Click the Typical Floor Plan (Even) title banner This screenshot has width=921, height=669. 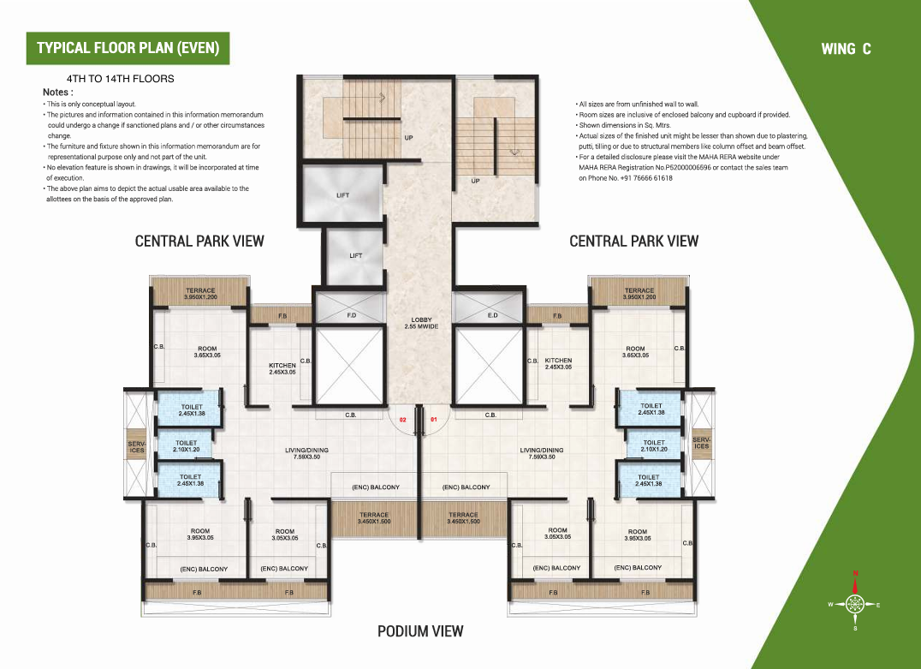point(128,48)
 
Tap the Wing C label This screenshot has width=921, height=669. point(846,49)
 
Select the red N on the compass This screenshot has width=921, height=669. point(856,573)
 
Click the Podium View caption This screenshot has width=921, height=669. point(420,631)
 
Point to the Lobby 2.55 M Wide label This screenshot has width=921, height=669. point(421,323)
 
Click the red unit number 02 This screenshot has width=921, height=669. point(403,420)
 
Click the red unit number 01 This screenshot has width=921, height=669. point(433,420)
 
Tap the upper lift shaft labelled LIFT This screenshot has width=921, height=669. point(342,194)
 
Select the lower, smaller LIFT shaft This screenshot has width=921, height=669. point(355,257)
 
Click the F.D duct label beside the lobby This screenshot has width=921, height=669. point(351,316)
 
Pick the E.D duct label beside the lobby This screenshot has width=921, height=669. point(492,316)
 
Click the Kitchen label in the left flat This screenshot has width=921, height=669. point(282,368)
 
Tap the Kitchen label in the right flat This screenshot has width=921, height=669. point(558,363)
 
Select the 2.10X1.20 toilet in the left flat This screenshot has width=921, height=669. point(186,446)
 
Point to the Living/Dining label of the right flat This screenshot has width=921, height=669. point(542,453)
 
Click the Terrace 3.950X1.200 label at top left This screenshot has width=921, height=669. point(200,294)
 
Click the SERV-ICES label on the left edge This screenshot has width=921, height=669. point(136,447)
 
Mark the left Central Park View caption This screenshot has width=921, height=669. point(199,241)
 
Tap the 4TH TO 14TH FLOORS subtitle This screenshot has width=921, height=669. point(121,79)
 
